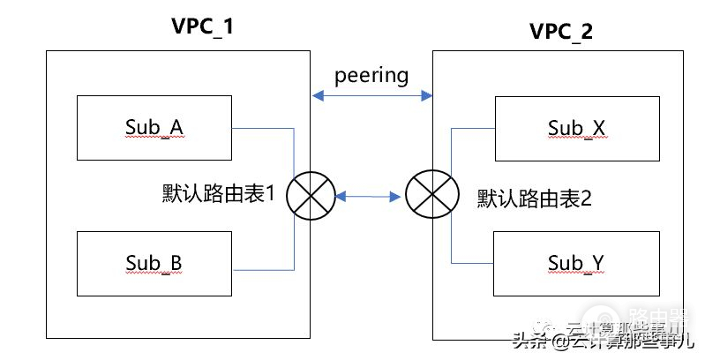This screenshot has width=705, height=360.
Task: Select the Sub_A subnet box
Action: point(154,128)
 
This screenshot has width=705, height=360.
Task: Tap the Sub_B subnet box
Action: point(154,264)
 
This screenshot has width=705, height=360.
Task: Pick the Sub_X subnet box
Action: point(576,129)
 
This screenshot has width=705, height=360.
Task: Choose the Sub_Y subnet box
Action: point(576,263)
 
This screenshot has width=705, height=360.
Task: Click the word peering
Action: point(371,75)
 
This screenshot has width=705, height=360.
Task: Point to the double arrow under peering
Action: point(371,93)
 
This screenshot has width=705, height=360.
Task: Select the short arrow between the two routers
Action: point(371,196)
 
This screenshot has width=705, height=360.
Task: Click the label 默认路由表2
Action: point(534,196)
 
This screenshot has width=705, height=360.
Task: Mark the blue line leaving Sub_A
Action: point(265,129)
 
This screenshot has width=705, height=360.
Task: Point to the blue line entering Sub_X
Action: point(472,129)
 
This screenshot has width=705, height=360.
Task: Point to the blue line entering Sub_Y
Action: point(472,263)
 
